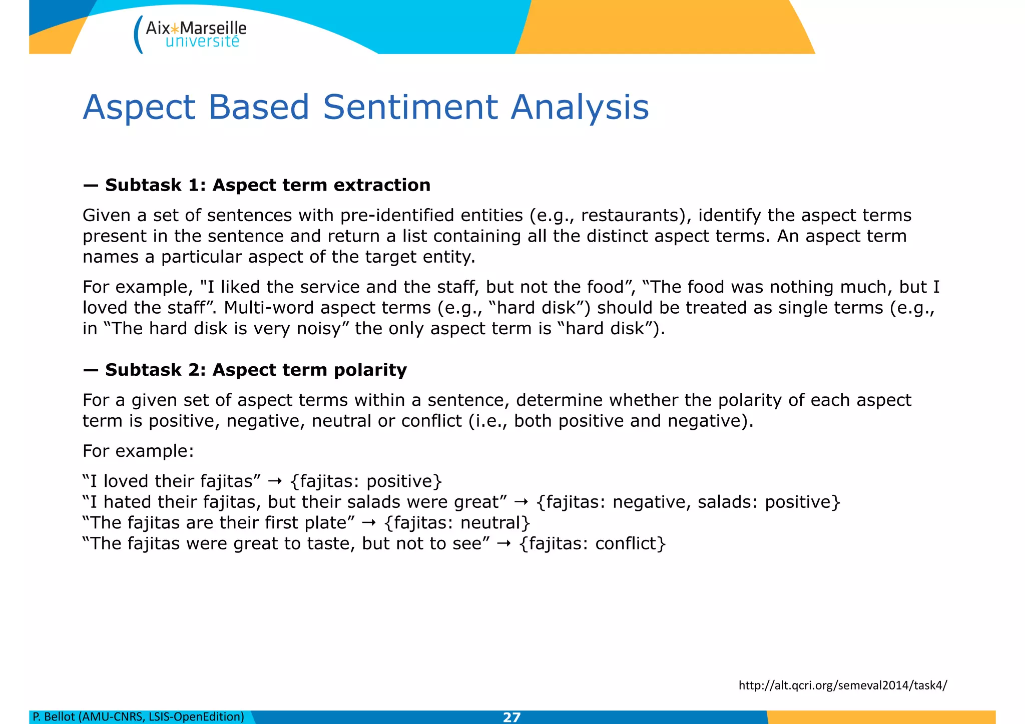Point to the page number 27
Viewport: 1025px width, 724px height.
pos(511,717)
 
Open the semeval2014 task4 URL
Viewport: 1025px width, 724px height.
pos(842,685)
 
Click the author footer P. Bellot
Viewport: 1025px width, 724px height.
pos(138,717)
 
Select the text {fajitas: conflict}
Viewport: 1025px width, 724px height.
pos(593,543)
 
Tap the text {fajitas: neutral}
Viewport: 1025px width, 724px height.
pos(457,523)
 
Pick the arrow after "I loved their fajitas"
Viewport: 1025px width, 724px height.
pos(275,481)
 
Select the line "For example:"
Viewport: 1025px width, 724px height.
pos(138,451)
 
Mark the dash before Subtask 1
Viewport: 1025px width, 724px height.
pos(91,186)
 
